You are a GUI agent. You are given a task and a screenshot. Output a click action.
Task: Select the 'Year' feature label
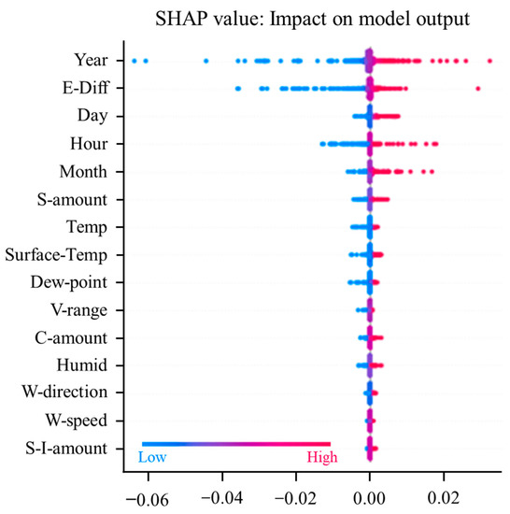point(90,61)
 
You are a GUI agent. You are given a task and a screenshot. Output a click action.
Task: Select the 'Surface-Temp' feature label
point(57,254)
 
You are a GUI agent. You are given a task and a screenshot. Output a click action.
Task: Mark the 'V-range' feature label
point(78,309)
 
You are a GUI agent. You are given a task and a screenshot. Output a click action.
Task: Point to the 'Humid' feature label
point(82,364)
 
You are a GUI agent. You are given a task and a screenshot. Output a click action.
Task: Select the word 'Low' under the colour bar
point(153,458)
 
